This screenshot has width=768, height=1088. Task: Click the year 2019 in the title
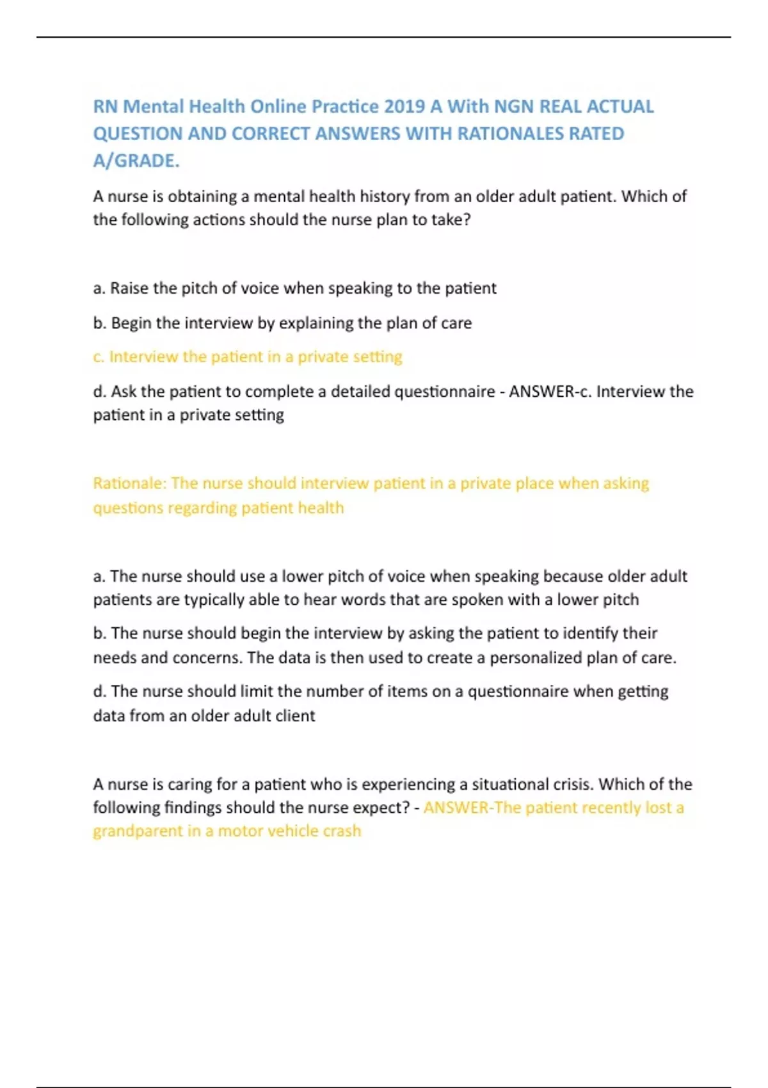click(404, 106)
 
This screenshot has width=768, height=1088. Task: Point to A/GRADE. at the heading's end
click(136, 161)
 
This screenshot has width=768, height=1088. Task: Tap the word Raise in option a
click(131, 289)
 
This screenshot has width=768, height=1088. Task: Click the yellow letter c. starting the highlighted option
click(99, 357)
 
